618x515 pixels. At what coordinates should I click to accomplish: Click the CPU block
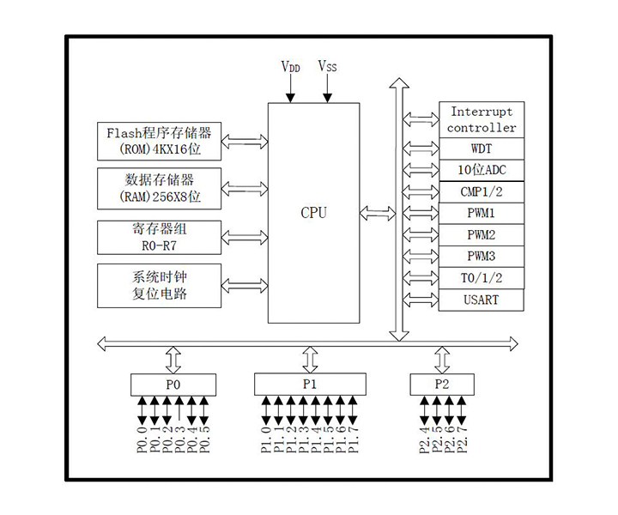click(x=313, y=212)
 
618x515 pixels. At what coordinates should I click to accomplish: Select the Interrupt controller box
click(x=482, y=119)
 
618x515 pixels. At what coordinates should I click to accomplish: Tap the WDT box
click(x=482, y=148)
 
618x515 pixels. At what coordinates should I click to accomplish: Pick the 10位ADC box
click(x=482, y=170)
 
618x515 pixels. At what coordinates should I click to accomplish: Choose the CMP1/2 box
click(x=482, y=191)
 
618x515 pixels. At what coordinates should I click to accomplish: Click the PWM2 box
click(x=482, y=234)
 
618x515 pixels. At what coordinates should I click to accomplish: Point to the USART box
click(x=482, y=300)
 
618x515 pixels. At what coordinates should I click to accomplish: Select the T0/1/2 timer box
click(x=482, y=278)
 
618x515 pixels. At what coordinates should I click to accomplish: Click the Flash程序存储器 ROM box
click(x=159, y=141)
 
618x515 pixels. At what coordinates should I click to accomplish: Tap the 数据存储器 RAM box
click(x=159, y=188)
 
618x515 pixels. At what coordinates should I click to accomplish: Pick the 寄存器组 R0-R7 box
click(x=159, y=236)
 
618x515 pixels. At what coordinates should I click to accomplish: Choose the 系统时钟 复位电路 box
click(x=159, y=286)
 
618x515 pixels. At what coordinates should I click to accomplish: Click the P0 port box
click(x=173, y=385)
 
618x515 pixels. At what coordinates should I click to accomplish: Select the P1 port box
click(x=310, y=385)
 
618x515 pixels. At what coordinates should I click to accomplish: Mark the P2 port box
click(x=442, y=385)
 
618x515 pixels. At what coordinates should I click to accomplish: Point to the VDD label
click(x=291, y=66)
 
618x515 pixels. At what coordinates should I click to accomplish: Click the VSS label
click(x=327, y=65)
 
